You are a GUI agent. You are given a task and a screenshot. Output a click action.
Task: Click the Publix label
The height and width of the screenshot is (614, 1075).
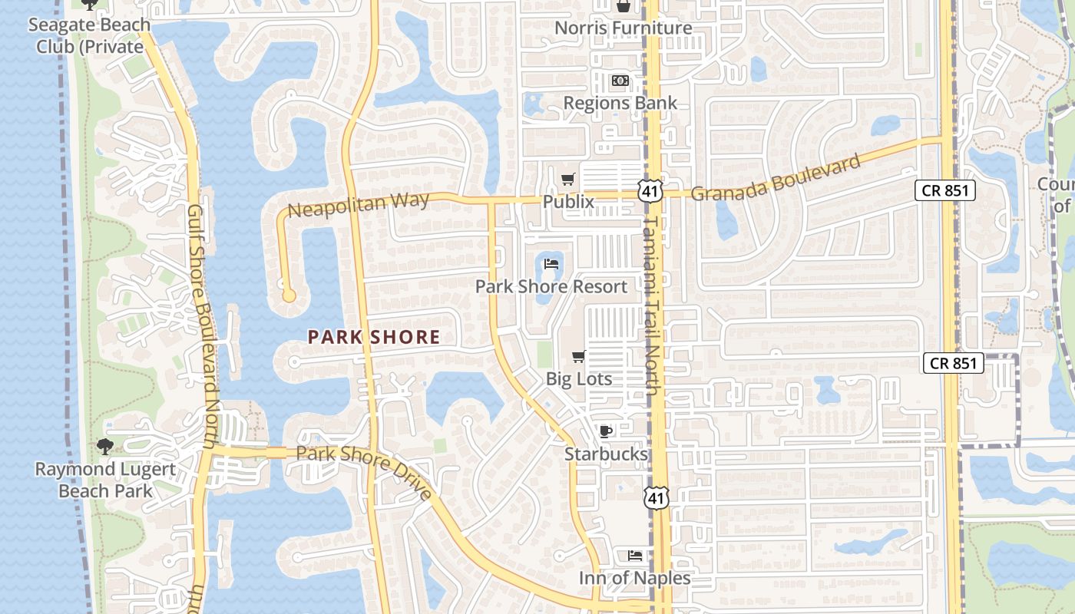[x=568, y=202]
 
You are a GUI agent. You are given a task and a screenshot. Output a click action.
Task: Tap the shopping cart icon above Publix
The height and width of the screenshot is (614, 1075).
[x=567, y=180]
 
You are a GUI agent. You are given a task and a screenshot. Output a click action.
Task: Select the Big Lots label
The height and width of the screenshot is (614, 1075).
[x=579, y=378]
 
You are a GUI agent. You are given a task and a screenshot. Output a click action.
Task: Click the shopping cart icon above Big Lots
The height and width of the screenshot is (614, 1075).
[x=579, y=356]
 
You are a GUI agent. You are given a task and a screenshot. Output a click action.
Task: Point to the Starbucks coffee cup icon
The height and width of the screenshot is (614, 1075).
[x=606, y=431]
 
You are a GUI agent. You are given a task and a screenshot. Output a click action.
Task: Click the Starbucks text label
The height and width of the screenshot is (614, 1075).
[x=606, y=454]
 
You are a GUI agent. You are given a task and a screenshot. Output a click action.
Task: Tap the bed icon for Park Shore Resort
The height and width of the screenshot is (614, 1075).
[x=551, y=264]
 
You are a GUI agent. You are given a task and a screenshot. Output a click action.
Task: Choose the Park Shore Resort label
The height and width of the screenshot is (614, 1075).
[x=551, y=286]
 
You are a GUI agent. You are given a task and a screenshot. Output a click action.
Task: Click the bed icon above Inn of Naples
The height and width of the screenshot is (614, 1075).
[x=634, y=555]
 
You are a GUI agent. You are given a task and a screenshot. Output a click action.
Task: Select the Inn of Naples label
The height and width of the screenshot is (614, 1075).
[x=634, y=578]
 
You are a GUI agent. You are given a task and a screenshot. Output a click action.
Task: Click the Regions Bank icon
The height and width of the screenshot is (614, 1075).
[x=620, y=81]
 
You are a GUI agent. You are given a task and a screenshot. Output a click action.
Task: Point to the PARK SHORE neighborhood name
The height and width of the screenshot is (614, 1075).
[x=374, y=336]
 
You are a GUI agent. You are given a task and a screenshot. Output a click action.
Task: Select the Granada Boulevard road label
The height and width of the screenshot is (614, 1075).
[x=776, y=177]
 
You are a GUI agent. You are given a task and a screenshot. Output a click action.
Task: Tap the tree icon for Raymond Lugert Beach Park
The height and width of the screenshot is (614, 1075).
[x=105, y=447]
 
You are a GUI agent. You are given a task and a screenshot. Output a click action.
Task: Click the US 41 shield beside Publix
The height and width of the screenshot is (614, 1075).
[x=650, y=191]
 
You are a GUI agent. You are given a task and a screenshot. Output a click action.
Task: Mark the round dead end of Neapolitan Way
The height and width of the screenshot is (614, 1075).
[x=289, y=295]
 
